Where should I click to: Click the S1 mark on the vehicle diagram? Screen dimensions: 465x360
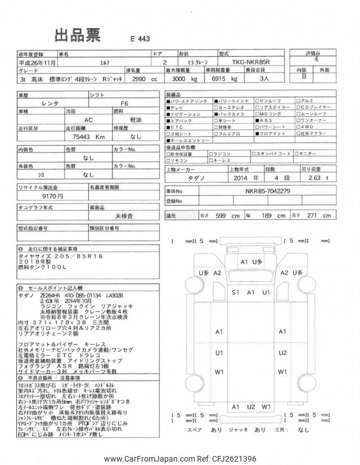pyautogui.click(x=236, y=293)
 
